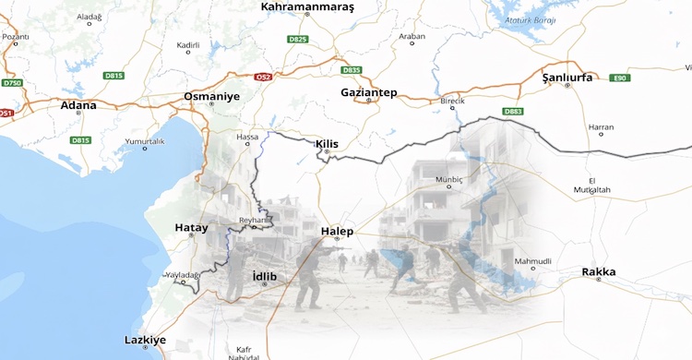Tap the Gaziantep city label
pyautogui.click(x=368, y=92)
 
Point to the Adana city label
pyautogui.click(x=78, y=105)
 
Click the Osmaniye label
pyautogui.click(x=211, y=96)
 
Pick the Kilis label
pyautogui.click(x=328, y=144)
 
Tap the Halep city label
pyautogui.click(x=337, y=231)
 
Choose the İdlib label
pyautogui.click(x=264, y=275)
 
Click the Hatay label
pyautogui.click(x=191, y=227)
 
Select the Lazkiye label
pyautogui.click(x=145, y=340)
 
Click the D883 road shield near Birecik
pyautogui.click(x=513, y=112)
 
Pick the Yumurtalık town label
pyautogui.click(x=143, y=141)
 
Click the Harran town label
pyautogui.click(x=601, y=126)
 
